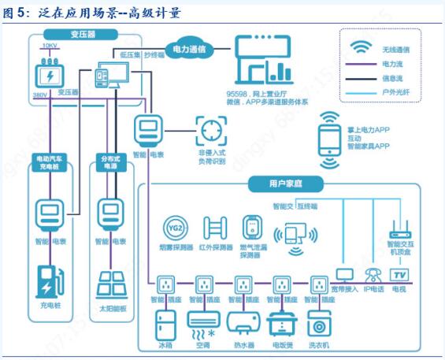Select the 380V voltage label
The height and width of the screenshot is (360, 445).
click(39, 95)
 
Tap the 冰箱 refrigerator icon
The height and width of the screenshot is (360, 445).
click(166, 325)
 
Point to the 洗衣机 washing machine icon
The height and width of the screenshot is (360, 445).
click(319, 325)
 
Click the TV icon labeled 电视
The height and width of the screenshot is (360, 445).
click(399, 275)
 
